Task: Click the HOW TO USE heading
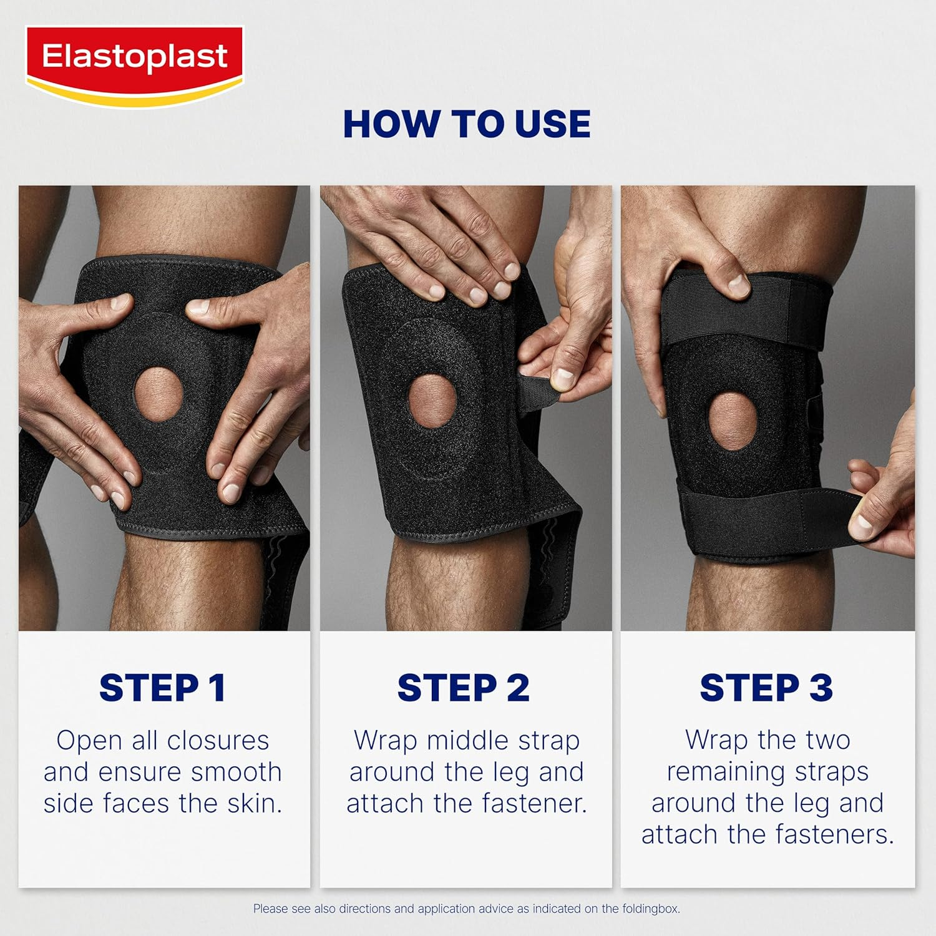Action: [x=467, y=124]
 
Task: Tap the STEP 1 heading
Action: [x=162, y=688]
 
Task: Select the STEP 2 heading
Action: [x=463, y=688]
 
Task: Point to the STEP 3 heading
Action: [x=766, y=688]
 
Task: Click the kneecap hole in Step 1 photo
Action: [x=158, y=394]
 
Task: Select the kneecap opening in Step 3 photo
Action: [x=733, y=421]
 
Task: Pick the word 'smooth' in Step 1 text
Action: [x=236, y=773]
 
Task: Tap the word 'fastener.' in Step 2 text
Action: [x=536, y=804]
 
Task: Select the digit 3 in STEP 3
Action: [x=821, y=688]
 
